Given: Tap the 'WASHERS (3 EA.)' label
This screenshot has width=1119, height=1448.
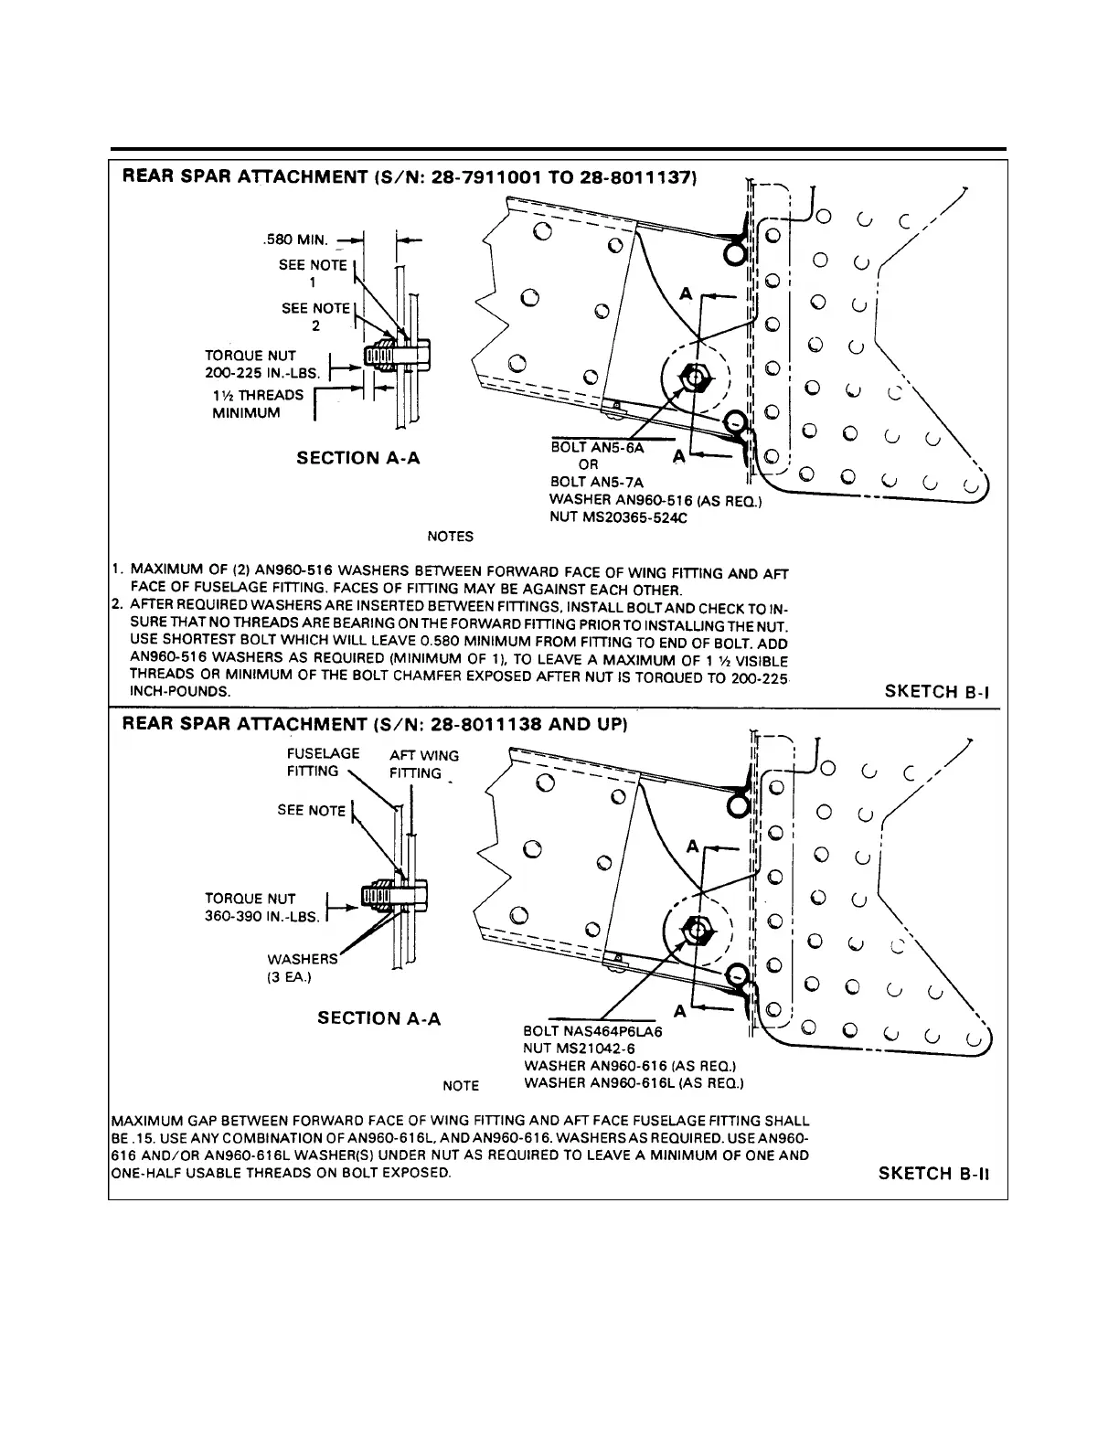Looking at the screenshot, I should click(302, 967).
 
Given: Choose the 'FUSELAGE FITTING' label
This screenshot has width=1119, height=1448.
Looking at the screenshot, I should click(323, 761).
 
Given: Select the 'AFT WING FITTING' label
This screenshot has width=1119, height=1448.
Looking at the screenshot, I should click(423, 763).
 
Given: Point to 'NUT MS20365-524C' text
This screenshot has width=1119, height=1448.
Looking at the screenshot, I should click(617, 517).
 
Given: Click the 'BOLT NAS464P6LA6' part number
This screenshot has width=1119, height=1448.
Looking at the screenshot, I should click(591, 1031).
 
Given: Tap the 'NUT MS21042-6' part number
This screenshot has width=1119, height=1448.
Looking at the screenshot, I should click(579, 1049).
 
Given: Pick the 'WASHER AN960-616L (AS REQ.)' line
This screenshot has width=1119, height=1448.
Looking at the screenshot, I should click(634, 1083).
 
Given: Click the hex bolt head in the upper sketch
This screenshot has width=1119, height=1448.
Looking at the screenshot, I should click(698, 376).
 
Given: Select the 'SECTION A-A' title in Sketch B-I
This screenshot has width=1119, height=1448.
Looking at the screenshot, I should click(358, 458).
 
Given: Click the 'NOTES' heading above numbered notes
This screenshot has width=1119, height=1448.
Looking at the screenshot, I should click(450, 537).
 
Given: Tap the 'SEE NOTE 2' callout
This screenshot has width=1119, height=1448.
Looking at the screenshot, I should click(315, 316).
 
